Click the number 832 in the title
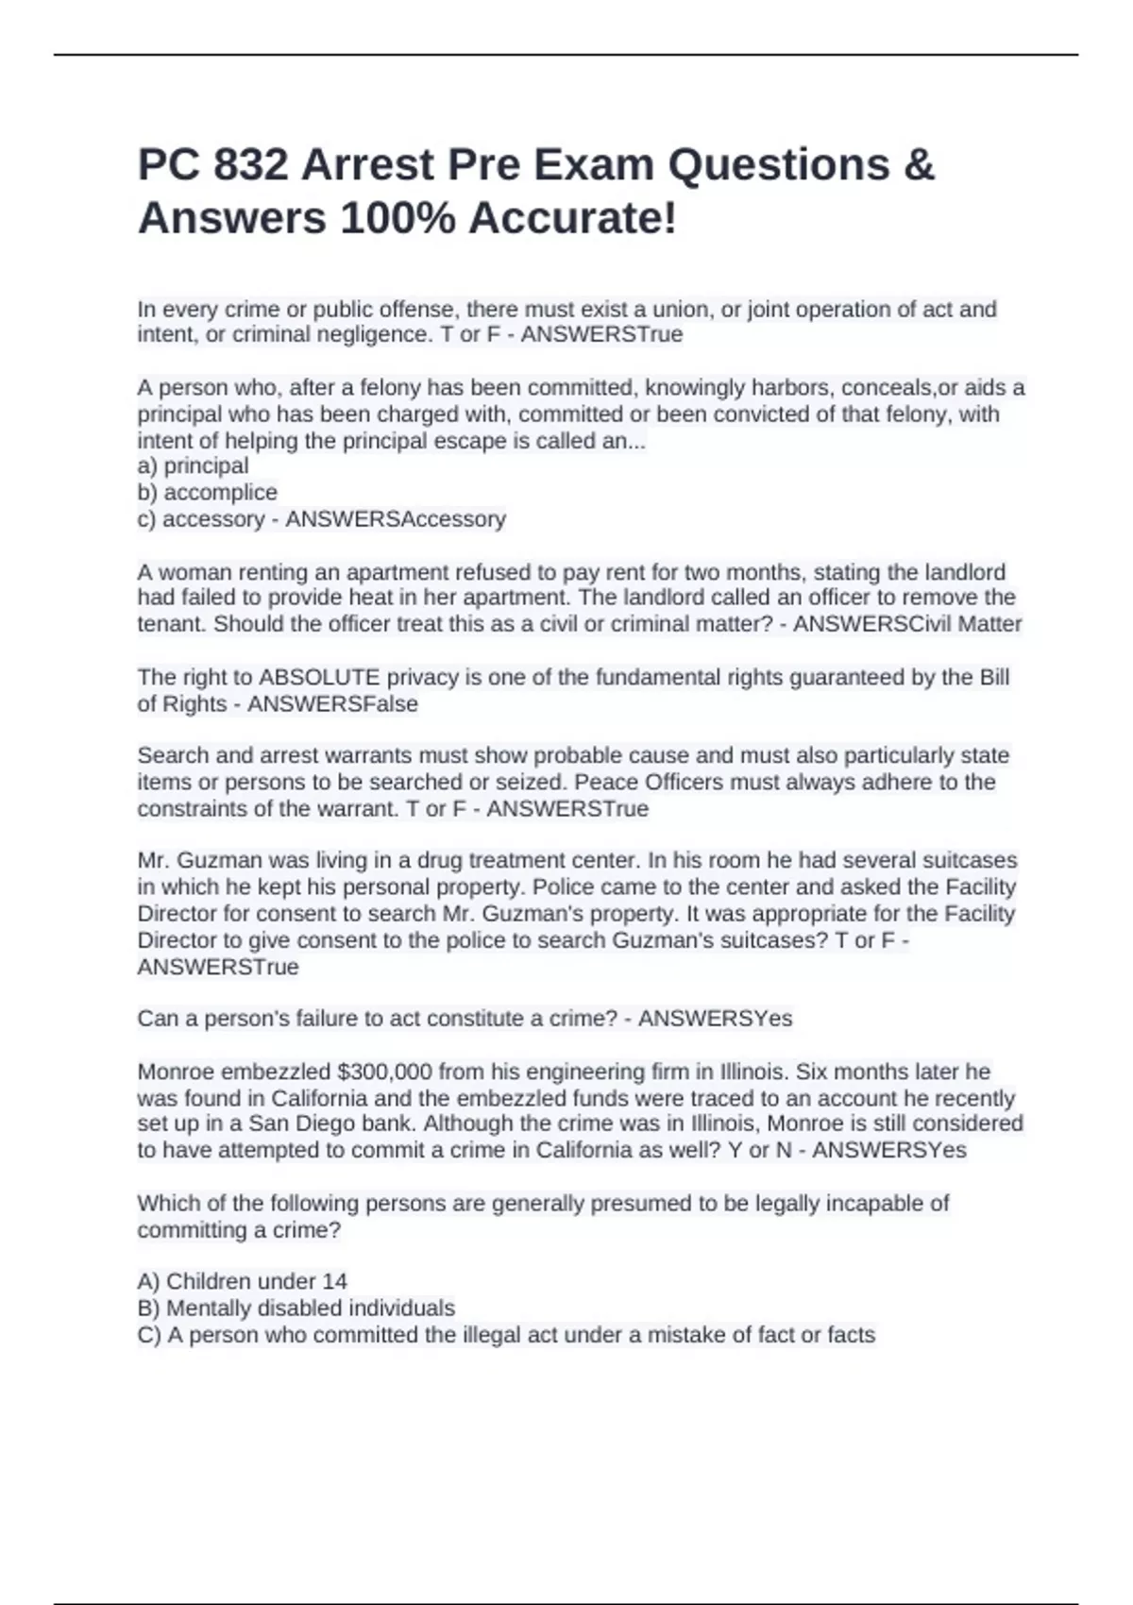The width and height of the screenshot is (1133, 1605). (250, 165)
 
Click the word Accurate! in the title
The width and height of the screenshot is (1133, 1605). (572, 219)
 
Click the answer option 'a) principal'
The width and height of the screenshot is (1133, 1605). (194, 465)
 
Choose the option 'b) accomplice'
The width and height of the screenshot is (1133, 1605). (208, 492)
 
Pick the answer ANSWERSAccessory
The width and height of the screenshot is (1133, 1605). (396, 518)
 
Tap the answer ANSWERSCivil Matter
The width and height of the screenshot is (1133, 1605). (907, 623)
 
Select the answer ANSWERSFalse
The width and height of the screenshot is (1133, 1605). (332, 703)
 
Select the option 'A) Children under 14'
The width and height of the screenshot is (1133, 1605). (243, 1281)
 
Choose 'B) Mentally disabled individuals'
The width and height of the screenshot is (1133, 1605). (296, 1308)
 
